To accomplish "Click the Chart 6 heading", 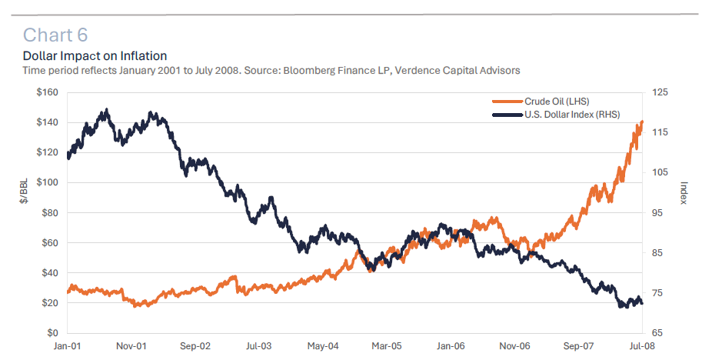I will click(56, 35).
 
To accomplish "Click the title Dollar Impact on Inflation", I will click(95, 56).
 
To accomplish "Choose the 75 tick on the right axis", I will click(659, 293).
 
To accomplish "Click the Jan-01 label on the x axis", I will click(68, 347).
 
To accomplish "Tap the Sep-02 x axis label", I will click(195, 347).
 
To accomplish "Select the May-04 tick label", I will click(323, 347).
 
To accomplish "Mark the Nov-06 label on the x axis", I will click(514, 347).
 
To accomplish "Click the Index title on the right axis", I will click(684, 193).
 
